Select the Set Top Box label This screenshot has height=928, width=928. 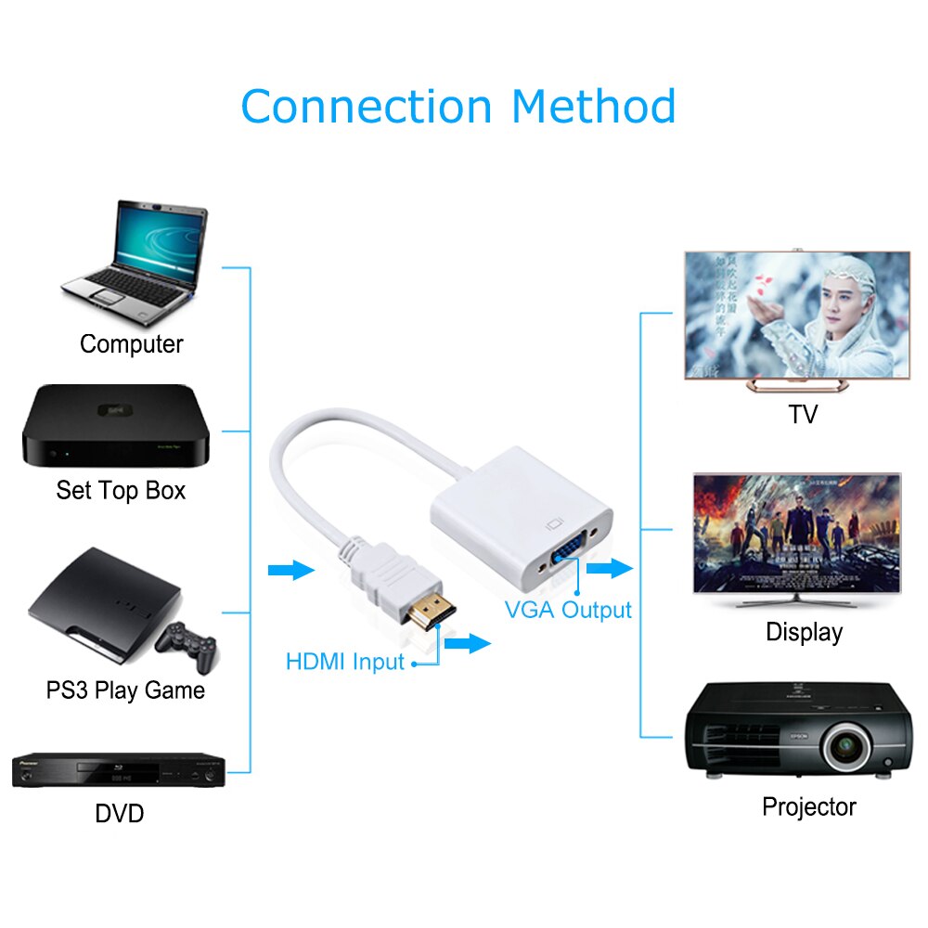[121, 490]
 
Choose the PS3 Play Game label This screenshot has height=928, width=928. [125, 690]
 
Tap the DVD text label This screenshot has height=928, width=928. [120, 815]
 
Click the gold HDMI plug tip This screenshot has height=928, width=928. [431, 612]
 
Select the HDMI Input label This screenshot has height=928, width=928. [345, 662]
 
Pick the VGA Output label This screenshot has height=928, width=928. [568, 610]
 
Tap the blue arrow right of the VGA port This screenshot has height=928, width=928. [610, 568]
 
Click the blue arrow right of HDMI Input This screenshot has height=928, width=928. [468, 642]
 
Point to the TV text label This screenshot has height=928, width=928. [803, 414]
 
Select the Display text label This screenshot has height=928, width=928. [804, 633]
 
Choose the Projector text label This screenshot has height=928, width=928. [809, 806]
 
